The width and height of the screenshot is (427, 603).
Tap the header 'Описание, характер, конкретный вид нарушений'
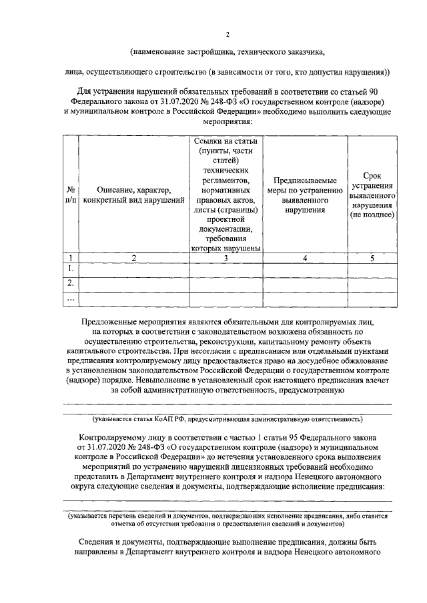[134, 194]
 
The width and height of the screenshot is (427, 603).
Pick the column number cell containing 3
[227, 258]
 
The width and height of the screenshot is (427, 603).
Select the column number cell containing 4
[304, 258]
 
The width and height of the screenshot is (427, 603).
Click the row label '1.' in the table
[71, 269]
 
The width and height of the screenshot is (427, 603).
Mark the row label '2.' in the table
[71, 283]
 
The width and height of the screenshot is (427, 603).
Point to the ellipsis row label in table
[71, 299]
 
